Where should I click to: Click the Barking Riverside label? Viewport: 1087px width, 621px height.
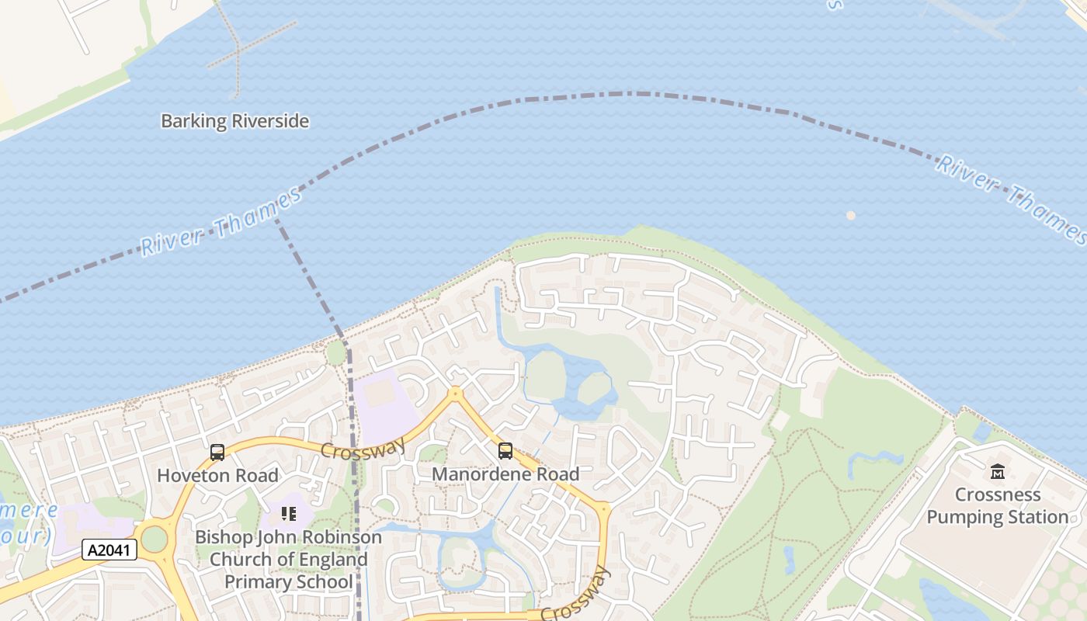(x=234, y=121)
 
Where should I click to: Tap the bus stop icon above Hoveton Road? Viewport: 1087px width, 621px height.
(x=217, y=452)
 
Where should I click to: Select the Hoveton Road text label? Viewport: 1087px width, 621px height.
(x=217, y=474)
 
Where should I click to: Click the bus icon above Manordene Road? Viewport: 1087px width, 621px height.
(x=505, y=450)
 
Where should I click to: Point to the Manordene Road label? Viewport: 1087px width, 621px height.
(x=505, y=474)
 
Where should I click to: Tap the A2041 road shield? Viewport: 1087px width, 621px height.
(x=109, y=550)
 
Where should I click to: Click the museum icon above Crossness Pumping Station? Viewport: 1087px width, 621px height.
(x=998, y=470)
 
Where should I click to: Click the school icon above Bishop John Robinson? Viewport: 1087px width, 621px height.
(x=289, y=513)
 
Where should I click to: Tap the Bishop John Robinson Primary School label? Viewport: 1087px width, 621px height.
(x=288, y=559)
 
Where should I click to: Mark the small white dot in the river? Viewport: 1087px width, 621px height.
(x=851, y=215)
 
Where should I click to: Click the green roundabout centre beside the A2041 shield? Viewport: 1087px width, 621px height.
(x=154, y=538)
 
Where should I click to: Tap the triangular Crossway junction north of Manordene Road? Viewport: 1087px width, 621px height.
(x=456, y=394)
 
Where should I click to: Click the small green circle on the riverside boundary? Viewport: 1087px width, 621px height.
(x=335, y=353)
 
